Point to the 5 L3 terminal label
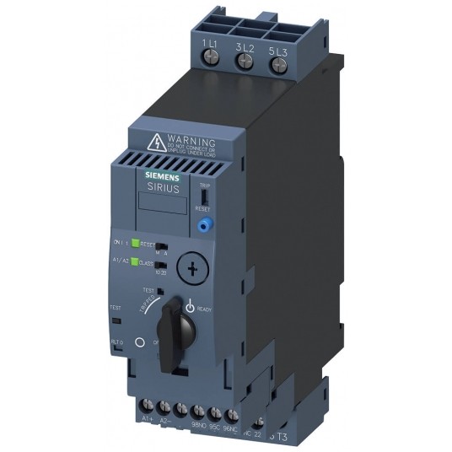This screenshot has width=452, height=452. tap(278, 50)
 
